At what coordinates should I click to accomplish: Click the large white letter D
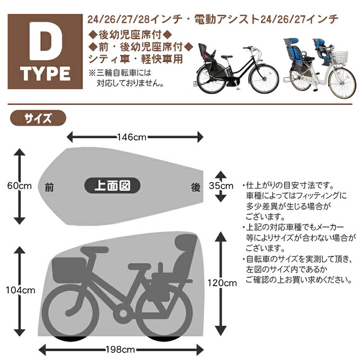coord(46,41)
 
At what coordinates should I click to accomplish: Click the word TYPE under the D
coord(45,74)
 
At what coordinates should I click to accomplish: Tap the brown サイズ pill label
coord(38,118)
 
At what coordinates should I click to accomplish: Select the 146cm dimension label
coord(132,137)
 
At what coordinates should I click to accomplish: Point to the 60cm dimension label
coord(20,186)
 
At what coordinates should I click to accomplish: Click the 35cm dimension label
coord(221,186)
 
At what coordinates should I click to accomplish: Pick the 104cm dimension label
coord(21,290)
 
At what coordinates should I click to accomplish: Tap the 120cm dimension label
coord(222,283)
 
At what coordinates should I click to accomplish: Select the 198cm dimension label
coord(120,349)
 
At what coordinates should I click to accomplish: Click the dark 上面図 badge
coord(112,185)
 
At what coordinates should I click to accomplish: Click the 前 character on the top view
coord(49,188)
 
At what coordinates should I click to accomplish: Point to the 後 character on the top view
coord(196,188)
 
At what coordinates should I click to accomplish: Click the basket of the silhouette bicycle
coord(69,270)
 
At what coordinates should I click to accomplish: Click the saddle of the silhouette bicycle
coord(139,266)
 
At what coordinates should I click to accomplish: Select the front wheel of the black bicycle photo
coord(264,79)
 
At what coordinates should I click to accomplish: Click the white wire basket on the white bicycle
coord(340,58)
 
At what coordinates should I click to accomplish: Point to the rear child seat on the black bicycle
coord(207,56)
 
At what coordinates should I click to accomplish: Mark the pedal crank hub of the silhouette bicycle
coord(123,313)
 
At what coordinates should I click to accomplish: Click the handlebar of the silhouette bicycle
coord(95,250)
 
